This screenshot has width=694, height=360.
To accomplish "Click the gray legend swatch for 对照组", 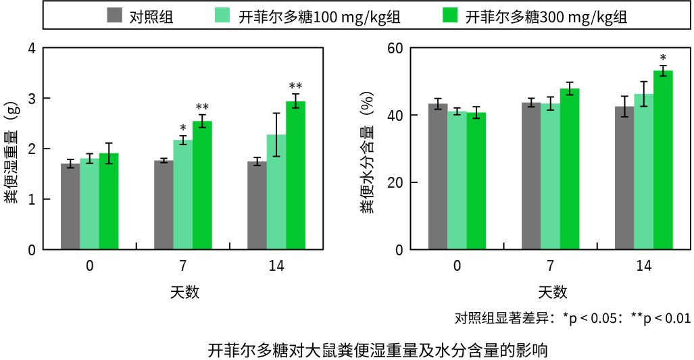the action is click(x=114, y=16).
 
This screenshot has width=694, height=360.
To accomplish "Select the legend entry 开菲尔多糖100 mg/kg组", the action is click(x=307, y=16).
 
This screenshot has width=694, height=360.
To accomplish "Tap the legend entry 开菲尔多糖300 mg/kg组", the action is click(x=535, y=16).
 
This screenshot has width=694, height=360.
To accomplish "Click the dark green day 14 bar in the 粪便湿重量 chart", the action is click(x=296, y=176).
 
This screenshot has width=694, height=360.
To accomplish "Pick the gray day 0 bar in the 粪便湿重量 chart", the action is click(x=70, y=207).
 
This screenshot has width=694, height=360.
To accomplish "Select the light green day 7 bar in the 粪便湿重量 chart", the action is click(x=183, y=195).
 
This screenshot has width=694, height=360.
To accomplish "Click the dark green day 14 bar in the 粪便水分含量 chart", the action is click(x=663, y=160).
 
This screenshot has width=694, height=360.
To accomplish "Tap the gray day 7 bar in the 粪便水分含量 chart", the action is click(x=531, y=176).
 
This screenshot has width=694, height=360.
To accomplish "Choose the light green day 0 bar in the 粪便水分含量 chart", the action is click(x=457, y=180).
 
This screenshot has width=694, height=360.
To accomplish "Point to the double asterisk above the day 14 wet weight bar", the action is click(x=296, y=85).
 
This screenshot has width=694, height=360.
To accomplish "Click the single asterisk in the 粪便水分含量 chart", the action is click(x=663, y=57).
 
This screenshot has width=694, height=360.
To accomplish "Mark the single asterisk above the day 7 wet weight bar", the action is click(x=183, y=128).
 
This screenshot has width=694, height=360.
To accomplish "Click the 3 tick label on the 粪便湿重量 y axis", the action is click(x=32, y=98).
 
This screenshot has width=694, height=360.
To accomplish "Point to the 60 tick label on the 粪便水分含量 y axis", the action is click(x=395, y=48).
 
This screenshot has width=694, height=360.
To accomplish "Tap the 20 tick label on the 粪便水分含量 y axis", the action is click(x=395, y=182).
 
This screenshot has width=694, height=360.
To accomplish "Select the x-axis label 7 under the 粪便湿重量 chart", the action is click(x=183, y=265).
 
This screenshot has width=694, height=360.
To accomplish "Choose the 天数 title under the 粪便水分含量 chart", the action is click(x=552, y=292).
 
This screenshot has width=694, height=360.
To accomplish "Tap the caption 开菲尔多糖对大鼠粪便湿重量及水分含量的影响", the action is click(x=378, y=351).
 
